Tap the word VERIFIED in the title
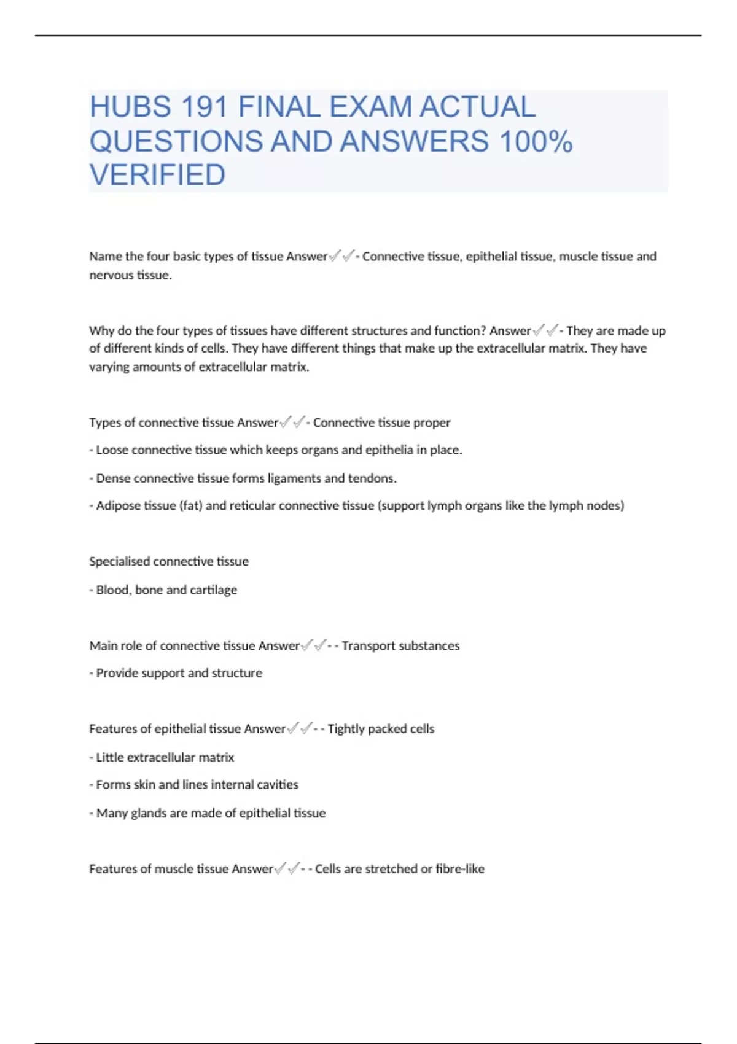click(x=157, y=176)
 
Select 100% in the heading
click(x=536, y=142)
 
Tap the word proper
click(x=432, y=423)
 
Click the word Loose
click(x=112, y=450)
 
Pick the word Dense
click(x=113, y=478)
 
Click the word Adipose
click(x=117, y=506)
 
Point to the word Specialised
click(x=119, y=561)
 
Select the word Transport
click(x=367, y=645)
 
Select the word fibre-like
click(x=460, y=869)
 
